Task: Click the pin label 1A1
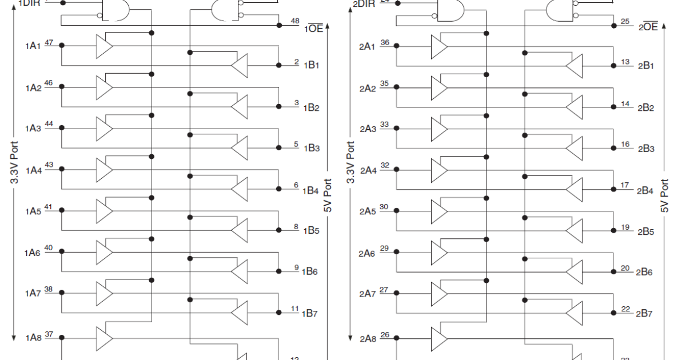[33, 46]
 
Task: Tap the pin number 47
[49, 42]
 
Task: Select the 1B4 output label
[312, 191]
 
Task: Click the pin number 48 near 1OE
[295, 21]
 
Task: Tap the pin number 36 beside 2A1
[384, 42]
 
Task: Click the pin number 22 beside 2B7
[625, 309]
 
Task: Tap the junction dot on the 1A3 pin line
[62, 127]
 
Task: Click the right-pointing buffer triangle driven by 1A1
[104, 46]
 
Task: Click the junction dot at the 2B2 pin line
[613, 107]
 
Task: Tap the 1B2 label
[312, 108]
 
